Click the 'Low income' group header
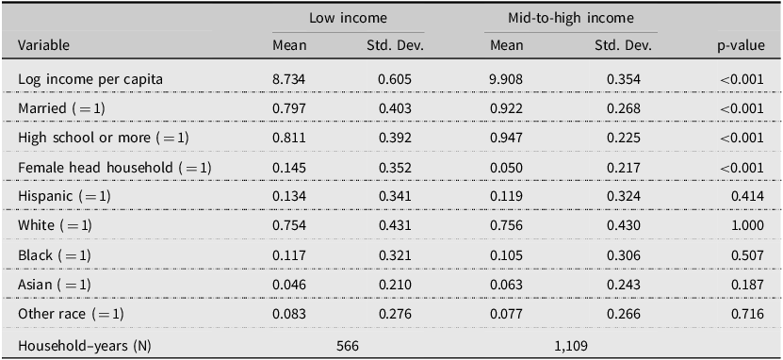click(348, 19)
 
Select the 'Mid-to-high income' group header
click(571, 19)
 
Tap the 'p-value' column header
click(741, 46)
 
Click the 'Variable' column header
click(44, 45)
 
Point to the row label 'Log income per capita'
click(90, 79)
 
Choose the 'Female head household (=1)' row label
click(115, 168)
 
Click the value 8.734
click(289, 79)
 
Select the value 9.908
click(506, 79)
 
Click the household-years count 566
click(348, 346)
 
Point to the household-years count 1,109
click(571, 346)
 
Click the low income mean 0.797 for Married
click(289, 109)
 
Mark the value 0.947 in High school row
click(506, 138)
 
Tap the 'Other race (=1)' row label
click(71, 315)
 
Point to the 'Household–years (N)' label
click(85, 346)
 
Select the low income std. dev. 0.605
click(395, 79)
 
